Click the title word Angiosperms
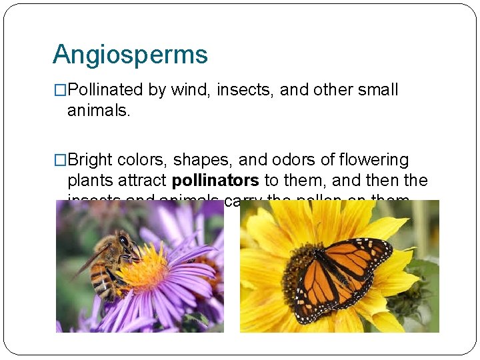[x=130, y=55]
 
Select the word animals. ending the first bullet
[x=99, y=110]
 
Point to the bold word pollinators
[x=215, y=181]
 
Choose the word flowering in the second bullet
[x=375, y=161]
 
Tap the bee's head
[x=125, y=241]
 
